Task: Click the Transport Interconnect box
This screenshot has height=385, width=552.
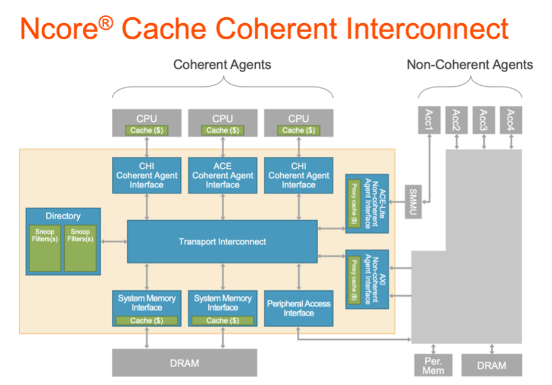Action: pos(222,242)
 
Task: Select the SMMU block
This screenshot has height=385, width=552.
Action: pos(413,202)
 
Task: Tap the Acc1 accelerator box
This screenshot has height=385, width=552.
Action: pos(429,120)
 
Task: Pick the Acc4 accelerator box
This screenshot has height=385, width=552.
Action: pos(511,120)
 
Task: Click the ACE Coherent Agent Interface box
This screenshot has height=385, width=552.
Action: pos(222,176)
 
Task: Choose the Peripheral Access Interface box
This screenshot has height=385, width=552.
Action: pos(299,308)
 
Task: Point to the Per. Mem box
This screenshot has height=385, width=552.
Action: pos(434,365)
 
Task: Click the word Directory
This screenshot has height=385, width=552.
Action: pos(63,216)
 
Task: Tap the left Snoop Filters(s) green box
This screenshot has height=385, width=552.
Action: pos(45,248)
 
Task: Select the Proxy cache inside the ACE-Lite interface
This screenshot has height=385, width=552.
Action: pos(354,204)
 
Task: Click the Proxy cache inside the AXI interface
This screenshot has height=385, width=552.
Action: pos(354,280)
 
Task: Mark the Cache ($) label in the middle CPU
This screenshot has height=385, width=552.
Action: pos(222,130)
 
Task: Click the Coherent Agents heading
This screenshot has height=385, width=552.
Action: pos(222,65)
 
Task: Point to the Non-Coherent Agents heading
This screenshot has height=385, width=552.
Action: pos(470,65)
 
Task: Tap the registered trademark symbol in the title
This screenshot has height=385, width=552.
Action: pos(106,23)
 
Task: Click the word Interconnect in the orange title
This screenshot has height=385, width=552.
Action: pos(427,28)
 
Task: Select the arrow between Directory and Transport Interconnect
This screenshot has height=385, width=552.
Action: pos(114,242)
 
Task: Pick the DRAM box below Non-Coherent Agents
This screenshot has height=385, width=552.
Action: pos(492,365)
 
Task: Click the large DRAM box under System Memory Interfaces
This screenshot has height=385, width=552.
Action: pos(184,363)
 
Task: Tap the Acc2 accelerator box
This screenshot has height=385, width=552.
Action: pos(457,120)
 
